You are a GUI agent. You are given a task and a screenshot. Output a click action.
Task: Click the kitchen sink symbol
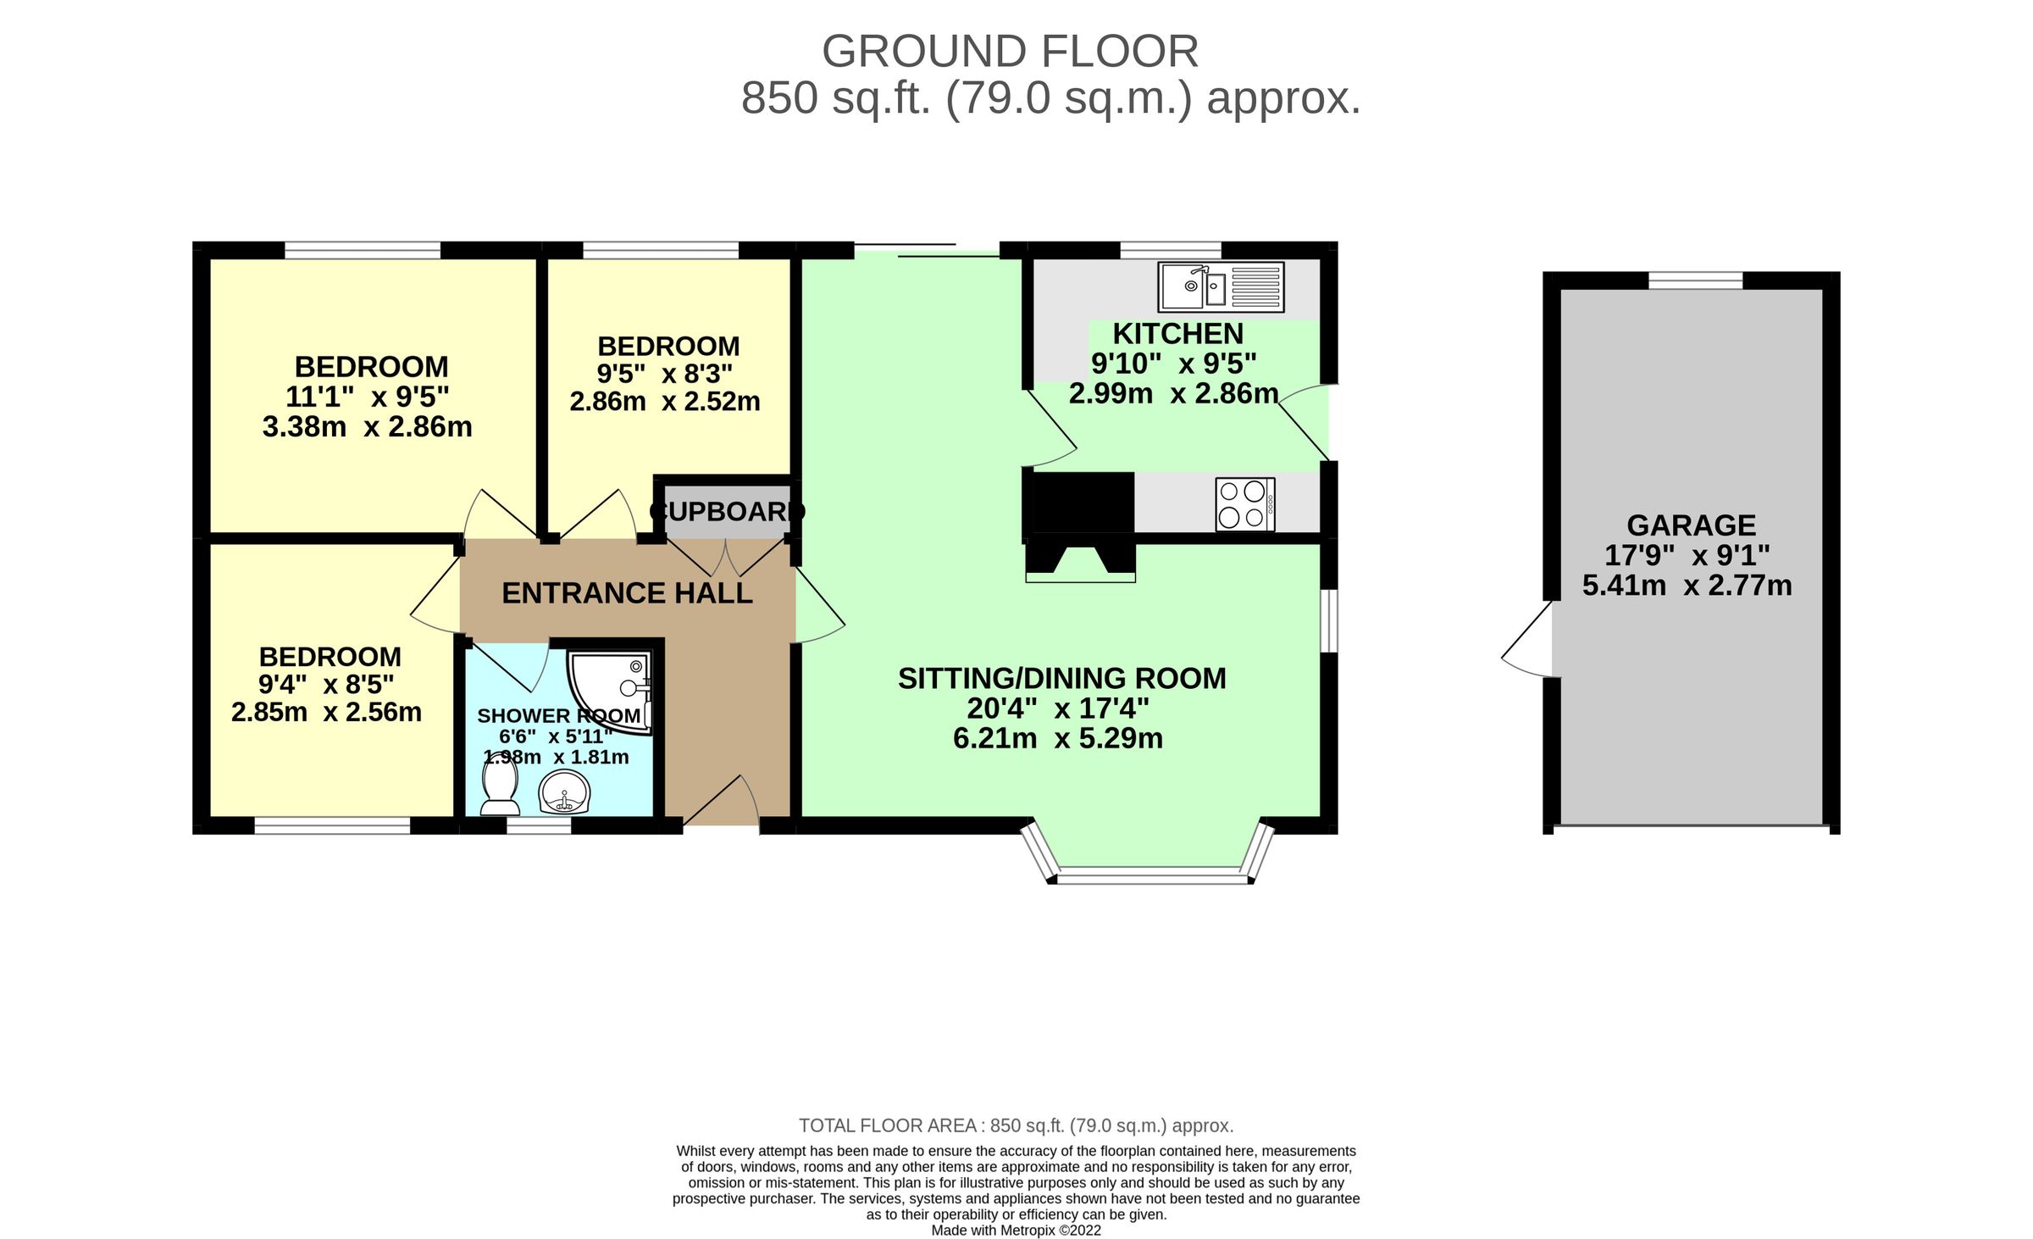click(1220, 286)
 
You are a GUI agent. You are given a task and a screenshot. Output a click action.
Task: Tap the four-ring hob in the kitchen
click(1244, 504)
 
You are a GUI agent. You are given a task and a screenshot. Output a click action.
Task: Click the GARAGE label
click(1691, 525)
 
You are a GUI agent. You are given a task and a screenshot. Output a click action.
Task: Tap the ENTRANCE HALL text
click(627, 593)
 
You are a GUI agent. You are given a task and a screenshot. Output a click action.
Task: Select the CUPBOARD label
click(727, 512)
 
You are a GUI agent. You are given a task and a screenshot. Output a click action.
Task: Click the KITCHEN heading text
click(1177, 334)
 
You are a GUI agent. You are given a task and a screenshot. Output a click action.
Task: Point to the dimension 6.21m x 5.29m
click(1057, 738)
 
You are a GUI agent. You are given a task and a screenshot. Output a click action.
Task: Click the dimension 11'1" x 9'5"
click(367, 397)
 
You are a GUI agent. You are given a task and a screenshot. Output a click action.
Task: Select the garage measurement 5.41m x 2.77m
click(1687, 586)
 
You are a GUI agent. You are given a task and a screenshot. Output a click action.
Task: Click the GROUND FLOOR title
click(1010, 52)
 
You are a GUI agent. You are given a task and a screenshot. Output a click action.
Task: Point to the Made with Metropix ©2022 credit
click(1016, 1231)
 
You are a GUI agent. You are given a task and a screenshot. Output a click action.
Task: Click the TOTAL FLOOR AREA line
click(1016, 1125)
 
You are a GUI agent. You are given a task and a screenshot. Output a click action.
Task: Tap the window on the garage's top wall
click(1695, 280)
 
